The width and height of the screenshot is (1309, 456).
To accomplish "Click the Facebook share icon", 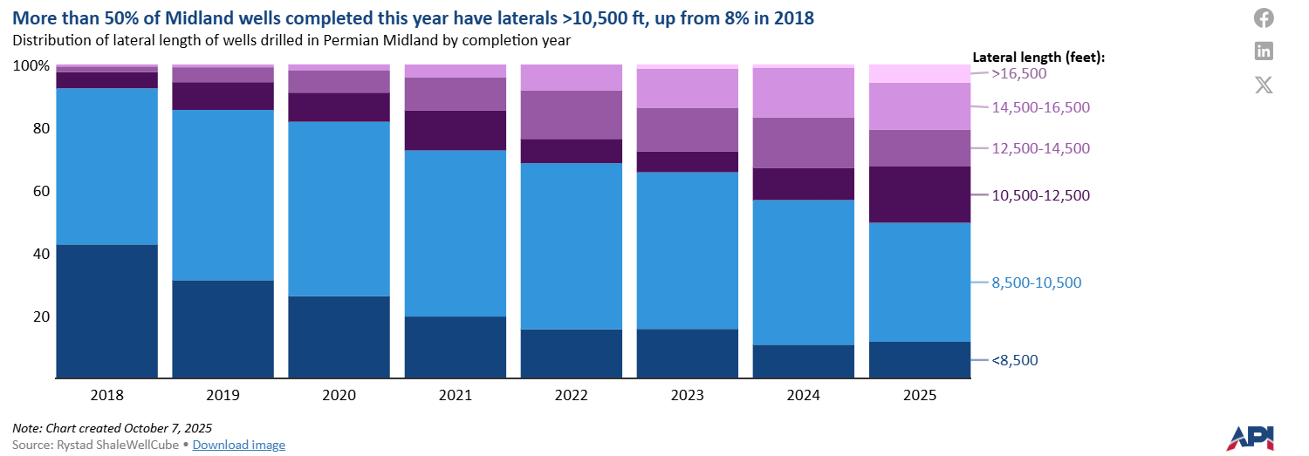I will coord(1264,17).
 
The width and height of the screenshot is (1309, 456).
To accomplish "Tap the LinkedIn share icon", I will coord(1264,51).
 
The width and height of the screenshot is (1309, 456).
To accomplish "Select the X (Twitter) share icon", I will coord(1264,85).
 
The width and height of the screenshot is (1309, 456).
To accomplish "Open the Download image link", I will coord(238,445).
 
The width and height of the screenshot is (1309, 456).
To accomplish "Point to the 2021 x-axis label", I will coord(455,395).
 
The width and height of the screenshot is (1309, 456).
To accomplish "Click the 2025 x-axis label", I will coord(919,395).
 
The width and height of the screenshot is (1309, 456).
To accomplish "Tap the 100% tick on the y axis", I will coord(30,66).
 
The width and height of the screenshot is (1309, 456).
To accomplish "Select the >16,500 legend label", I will coord(1019,74).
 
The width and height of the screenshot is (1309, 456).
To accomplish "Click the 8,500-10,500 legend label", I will coord(1037,282).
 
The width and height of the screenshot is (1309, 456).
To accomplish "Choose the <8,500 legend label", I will coord(1015,360).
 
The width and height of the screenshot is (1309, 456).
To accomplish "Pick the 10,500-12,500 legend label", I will coord(1041,195).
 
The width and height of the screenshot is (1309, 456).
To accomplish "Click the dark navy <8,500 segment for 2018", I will coord(106,311).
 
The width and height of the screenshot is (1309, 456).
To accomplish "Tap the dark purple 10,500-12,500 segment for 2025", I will coord(919,194).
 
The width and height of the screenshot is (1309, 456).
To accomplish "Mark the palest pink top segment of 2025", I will coord(919,73).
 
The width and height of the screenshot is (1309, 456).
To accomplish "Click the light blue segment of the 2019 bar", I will coord(223,194).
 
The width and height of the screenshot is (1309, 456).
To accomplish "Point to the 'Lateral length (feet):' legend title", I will coord(1038,57).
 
